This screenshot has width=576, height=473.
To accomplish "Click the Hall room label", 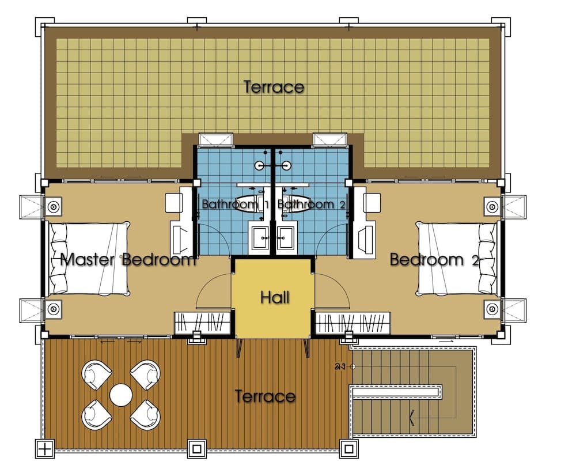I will pos(275,297).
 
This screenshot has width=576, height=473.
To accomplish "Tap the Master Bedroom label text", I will pos(128,260).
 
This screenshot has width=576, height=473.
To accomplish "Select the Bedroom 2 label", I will pos(434,260).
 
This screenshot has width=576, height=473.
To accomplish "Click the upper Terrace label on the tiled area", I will pos(274,88).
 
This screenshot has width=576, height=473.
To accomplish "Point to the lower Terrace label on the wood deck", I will pos(265,396).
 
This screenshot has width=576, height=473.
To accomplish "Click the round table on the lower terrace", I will pos(121,395).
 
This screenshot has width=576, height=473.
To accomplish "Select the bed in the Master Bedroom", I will pos(89,258).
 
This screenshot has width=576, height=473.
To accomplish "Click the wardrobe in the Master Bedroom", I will pos(203,322).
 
